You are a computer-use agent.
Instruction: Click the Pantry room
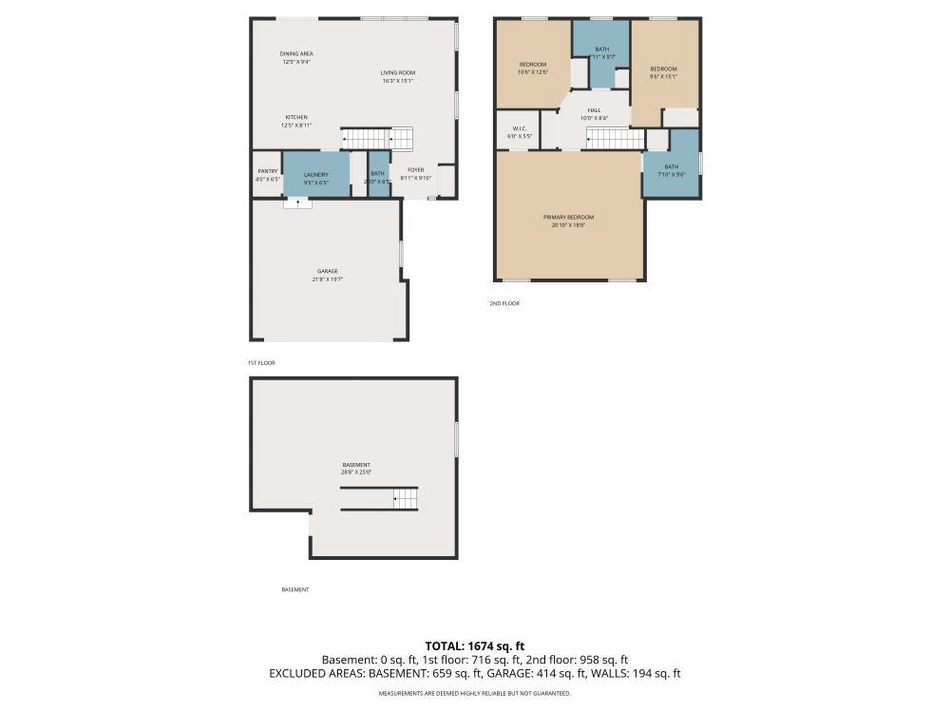pos(267,175)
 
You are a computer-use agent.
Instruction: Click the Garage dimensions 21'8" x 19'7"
pos(327,279)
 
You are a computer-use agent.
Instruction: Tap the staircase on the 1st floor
pos(377,139)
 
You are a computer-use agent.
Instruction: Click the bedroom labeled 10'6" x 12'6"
pos(532,67)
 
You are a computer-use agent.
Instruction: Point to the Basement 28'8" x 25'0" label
pos(356,469)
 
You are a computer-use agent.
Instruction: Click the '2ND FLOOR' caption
pos(504,303)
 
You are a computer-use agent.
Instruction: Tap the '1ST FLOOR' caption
pos(260,363)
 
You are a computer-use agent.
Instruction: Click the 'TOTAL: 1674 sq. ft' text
pos(475,646)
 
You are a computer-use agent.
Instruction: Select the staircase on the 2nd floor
pos(615,140)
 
